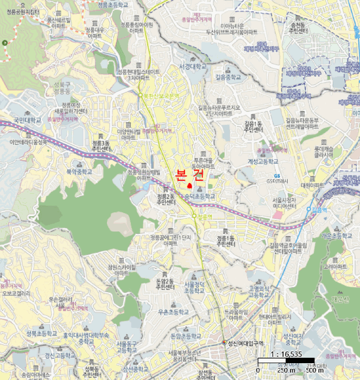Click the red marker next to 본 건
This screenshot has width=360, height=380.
point(190,186)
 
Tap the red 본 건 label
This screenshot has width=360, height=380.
point(189,174)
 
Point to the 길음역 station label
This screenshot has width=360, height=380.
point(320,209)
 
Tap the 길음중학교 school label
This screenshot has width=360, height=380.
point(227,77)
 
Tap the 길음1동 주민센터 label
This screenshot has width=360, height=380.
point(254,126)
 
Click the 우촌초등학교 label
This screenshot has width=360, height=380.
point(170,312)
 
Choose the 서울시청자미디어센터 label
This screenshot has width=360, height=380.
point(285,203)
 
